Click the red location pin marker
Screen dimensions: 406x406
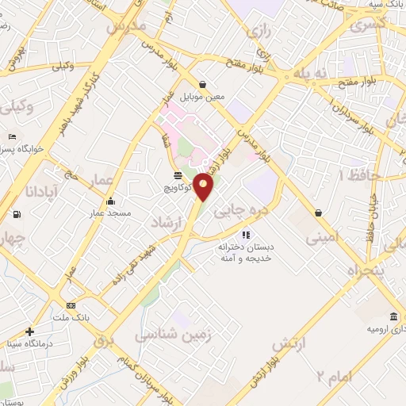204,186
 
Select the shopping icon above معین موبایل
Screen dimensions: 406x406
204,85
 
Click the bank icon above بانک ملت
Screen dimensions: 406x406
71,305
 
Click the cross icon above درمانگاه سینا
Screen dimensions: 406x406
30,331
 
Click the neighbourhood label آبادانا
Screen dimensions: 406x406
37,191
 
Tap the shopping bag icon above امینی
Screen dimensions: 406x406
319,213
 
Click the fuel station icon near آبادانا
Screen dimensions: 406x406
18,214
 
